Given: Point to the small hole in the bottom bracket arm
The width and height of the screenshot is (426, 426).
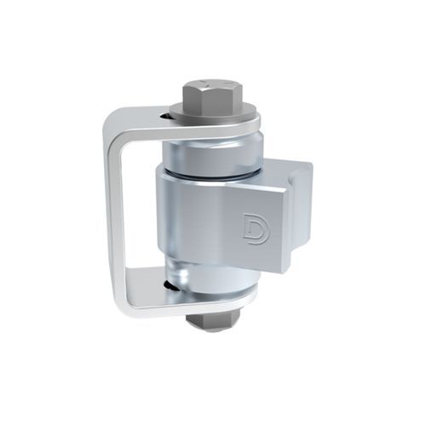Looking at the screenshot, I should [x=174, y=287].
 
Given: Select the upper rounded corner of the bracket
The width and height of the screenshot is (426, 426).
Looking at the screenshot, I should [x=111, y=130].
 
